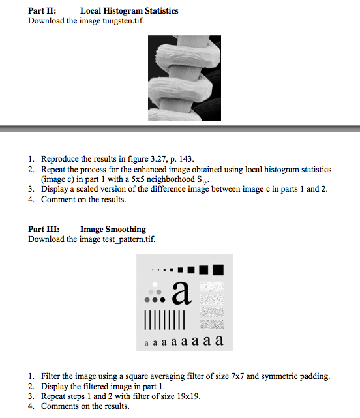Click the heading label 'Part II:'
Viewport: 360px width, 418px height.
click(x=42, y=11)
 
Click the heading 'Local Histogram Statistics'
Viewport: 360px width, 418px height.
click(x=129, y=11)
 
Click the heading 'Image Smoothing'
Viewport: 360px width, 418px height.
click(x=113, y=230)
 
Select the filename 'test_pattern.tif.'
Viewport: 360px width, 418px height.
click(x=127, y=239)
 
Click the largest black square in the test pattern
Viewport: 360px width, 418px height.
click(x=218, y=269)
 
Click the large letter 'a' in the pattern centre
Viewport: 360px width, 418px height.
click(x=181, y=295)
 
